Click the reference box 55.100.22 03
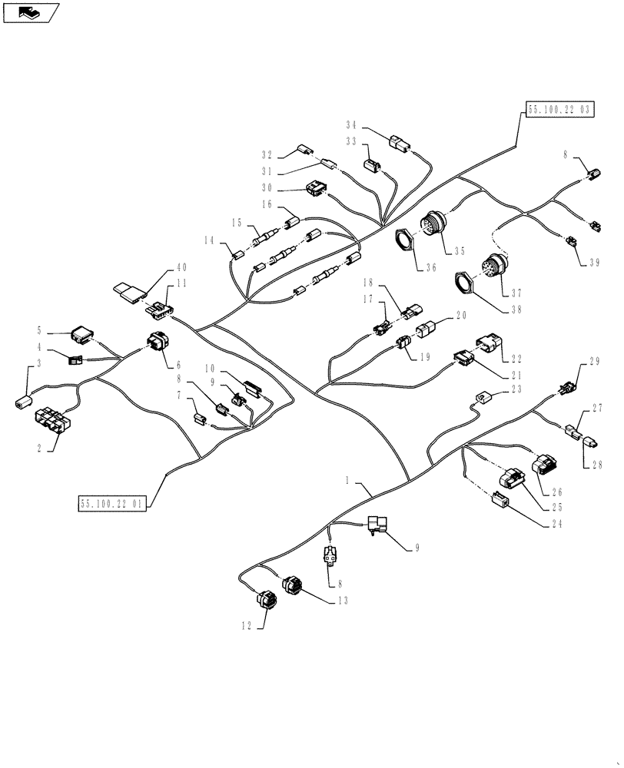[x=560, y=110]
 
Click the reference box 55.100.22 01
[x=111, y=503]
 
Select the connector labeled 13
[x=293, y=586]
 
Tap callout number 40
[x=181, y=267]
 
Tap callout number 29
[x=593, y=362]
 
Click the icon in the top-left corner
[x=31, y=12]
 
